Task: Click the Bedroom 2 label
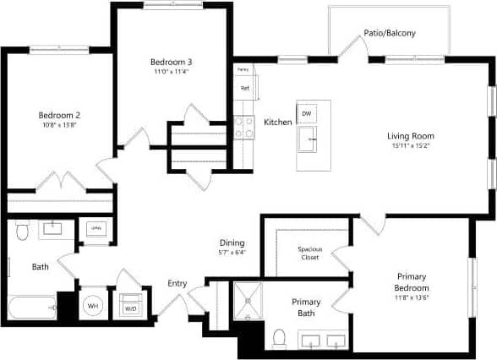58,115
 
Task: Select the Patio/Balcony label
390,34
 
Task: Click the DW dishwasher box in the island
306,113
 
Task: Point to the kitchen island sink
310,140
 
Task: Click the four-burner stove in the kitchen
244,128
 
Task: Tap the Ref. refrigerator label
245,87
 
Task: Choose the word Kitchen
278,123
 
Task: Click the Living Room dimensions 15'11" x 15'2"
411,145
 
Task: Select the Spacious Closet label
309,254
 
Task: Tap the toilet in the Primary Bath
280,337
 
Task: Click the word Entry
177,283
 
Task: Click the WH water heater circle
93,307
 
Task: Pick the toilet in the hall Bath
23,229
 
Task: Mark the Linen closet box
96,229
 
